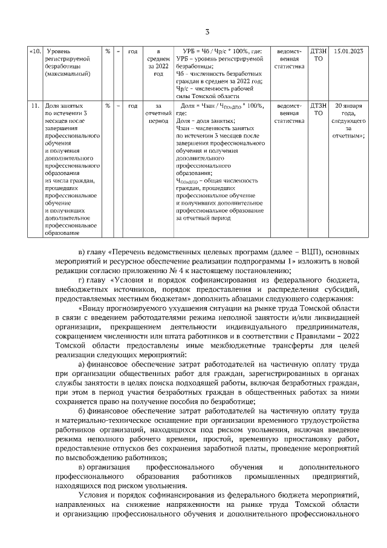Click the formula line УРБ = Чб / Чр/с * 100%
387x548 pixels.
pyautogui.click(x=221, y=51)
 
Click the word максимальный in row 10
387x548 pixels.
pyautogui.click(x=68, y=73)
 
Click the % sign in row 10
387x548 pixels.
pyautogui.click(x=107, y=51)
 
